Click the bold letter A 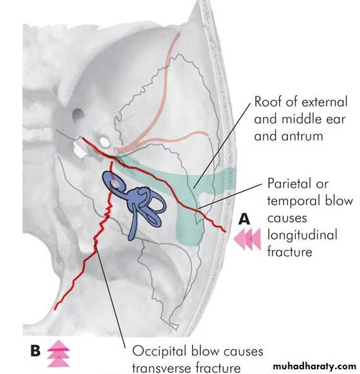244,219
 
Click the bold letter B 36,351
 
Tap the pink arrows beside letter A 247,239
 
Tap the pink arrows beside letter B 58,354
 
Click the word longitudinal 302,235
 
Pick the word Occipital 159,352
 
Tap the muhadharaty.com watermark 315,366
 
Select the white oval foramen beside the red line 104,142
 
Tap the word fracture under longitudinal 290,252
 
